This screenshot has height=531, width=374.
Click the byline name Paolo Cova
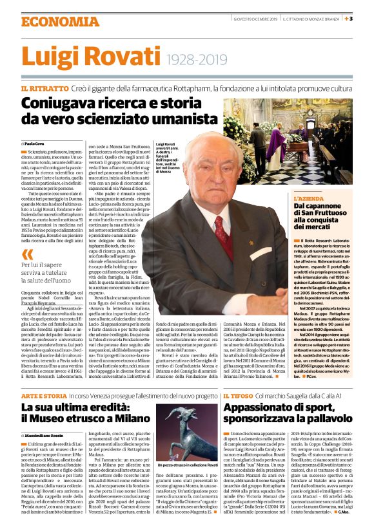click(37, 143)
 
